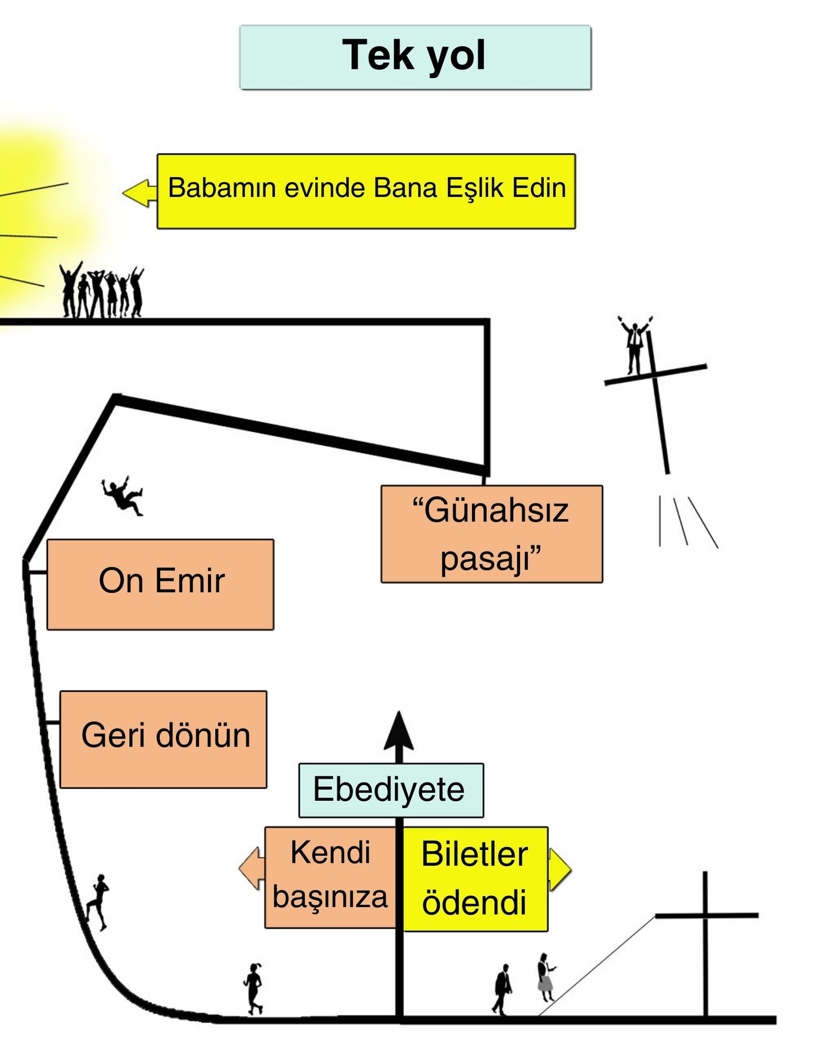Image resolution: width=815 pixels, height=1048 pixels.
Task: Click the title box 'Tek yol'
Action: (415, 57)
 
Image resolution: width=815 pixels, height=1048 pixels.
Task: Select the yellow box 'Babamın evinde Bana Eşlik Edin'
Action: (366, 191)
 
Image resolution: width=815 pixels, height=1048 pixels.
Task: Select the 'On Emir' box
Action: (160, 584)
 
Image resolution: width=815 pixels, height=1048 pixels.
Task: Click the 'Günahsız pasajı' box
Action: (491, 533)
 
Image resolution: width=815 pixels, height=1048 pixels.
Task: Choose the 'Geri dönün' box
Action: (164, 739)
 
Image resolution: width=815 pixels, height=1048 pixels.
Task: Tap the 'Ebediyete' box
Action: (390, 790)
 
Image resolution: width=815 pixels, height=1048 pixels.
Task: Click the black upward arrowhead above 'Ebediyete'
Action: (399, 732)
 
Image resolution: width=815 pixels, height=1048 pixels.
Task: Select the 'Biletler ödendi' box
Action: (475, 879)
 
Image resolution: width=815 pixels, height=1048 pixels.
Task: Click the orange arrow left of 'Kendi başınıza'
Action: (251, 868)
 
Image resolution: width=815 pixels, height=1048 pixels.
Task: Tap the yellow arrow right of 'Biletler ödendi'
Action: (560, 870)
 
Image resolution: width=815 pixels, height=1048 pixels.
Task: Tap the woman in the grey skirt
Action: (546, 978)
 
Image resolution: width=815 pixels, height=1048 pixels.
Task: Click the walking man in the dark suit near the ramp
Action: (502, 989)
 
